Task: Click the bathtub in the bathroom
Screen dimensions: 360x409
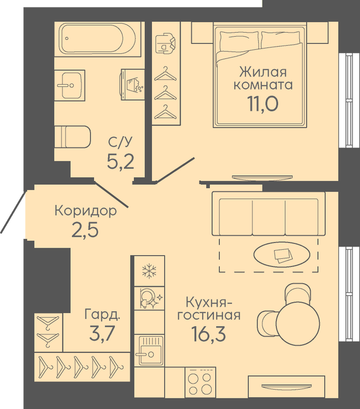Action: (97, 39)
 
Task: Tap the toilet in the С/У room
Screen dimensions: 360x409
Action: (72, 137)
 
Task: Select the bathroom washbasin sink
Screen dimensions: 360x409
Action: (70, 85)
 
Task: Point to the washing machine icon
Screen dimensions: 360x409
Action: (133, 85)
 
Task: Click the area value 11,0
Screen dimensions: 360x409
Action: (263, 104)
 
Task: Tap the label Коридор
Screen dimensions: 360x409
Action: (85, 211)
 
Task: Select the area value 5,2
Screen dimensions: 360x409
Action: (120, 161)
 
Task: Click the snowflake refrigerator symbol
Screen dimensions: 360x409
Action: (149, 271)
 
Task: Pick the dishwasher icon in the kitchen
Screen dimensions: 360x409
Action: (150, 299)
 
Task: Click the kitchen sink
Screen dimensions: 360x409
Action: (150, 351)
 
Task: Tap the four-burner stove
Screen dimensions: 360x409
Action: (200, 382)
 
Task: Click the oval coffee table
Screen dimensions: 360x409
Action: (282, 254)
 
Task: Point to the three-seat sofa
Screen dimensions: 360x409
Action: (268, 214)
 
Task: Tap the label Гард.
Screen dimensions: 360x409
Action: (102, 314)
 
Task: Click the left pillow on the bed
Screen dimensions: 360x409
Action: (240, 40)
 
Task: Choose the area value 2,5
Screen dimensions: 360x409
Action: (85, 230)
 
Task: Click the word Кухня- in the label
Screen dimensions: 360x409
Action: (209, 302)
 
